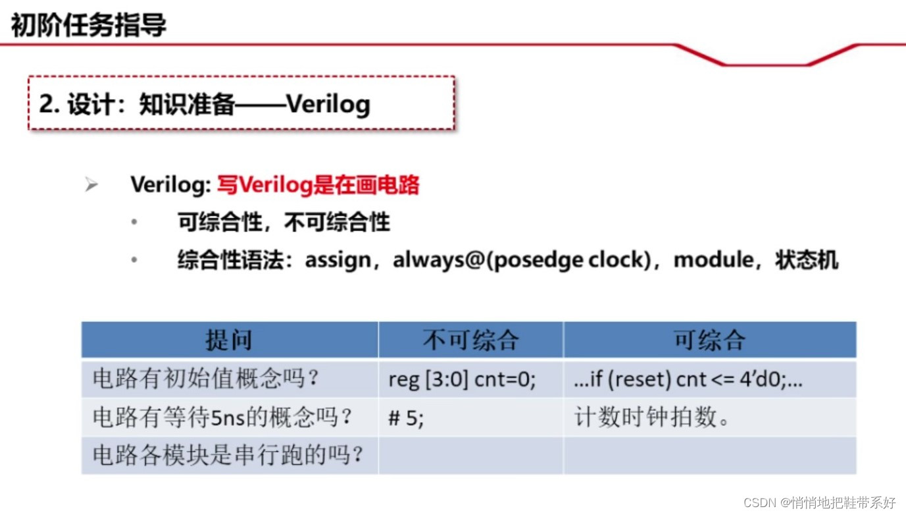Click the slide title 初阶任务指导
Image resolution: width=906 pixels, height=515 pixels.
[88, 26]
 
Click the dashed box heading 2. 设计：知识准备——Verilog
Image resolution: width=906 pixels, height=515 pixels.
[205, 104]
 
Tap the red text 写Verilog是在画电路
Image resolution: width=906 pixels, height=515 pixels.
[318, 185]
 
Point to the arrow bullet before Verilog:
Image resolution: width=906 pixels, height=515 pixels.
[91, 185]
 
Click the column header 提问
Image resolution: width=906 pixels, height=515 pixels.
[229, 340]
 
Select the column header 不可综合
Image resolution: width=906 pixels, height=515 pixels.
[470, 340]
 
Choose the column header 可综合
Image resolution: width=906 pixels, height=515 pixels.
[709, 340]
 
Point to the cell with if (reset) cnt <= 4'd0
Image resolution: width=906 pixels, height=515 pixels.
[688, 379]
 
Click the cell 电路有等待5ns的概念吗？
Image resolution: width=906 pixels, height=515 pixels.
[223, 417]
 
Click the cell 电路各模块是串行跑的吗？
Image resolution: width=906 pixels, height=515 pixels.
[228, 455]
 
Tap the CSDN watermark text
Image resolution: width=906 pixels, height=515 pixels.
[819, 502]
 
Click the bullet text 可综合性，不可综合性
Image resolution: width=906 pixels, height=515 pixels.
[284, 223]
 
